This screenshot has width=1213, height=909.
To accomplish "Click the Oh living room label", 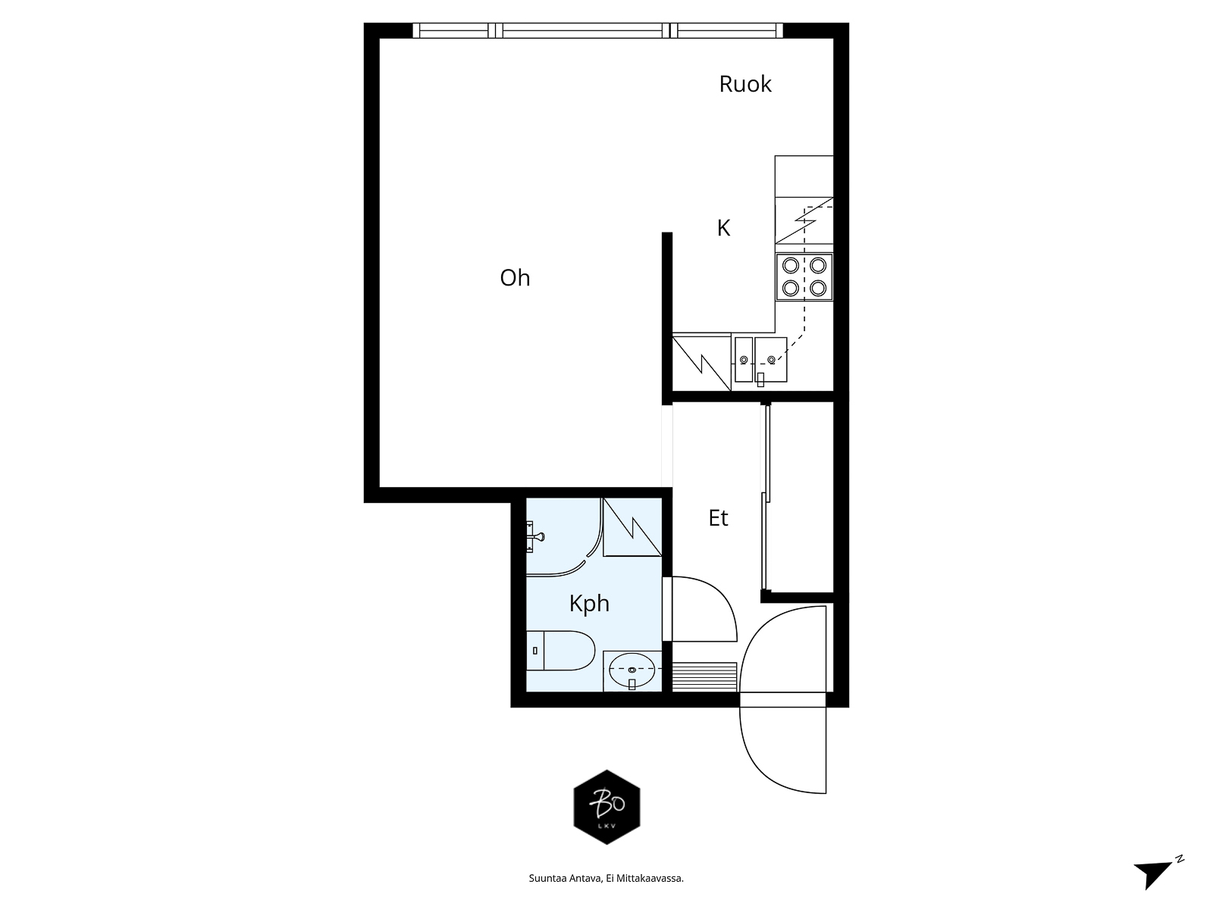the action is point(515,277).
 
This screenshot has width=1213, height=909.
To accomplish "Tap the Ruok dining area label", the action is point(745,84).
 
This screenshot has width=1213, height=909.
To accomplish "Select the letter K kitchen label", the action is point(723,228).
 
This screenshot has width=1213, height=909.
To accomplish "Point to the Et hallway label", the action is point(719,518).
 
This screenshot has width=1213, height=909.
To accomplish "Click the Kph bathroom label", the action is point(589,604).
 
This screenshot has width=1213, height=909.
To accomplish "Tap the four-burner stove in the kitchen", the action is point(804,277).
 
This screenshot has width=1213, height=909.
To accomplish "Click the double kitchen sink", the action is point(760,359).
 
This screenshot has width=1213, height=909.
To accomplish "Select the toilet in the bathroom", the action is point(559,651).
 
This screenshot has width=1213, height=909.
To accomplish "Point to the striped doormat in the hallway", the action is point(704,676).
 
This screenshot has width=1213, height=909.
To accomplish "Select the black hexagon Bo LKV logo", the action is point(606,807).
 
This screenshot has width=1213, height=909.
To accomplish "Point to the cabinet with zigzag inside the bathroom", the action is point(632,527).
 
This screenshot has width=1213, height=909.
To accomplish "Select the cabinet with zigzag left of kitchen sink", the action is point(702,362).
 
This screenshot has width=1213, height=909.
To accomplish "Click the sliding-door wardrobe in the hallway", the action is point(798,497).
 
